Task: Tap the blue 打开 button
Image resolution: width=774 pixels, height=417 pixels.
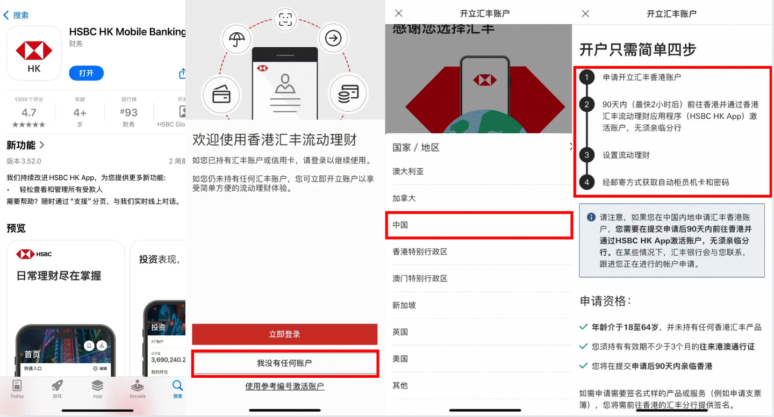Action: pyautogui.click(x=86, y=73)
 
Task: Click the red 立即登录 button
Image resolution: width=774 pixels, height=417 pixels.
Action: pyautogui.click(x=284, y=334)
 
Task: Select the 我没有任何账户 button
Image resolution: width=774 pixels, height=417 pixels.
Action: pyautogui.click(x=284, y=363)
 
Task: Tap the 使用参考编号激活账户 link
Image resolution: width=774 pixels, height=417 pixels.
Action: pyautogui.click(x=284, y=386)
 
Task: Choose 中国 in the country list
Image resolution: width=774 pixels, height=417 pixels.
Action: pyautogui.click(x=478, y=225)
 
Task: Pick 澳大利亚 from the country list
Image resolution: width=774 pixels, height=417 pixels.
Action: pyautogui.click(x=408, y=171)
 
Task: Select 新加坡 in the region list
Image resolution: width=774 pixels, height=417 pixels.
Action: pyautogui.click(x=404, y=305)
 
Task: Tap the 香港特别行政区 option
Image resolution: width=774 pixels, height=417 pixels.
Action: pyautogui.click(x=420, y=251)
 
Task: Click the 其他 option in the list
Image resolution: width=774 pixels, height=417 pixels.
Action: pyautogui.click(x=400, y=385)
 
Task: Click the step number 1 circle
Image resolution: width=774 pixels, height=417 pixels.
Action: pyautogui.click(x=586, y=77)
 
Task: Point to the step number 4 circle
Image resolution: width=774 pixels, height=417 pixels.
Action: pyautogui.click(x=586, y=182)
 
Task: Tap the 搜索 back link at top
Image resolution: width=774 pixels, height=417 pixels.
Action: pyautogui.click(x=16, y=15)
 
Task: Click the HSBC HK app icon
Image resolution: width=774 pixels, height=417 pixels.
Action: pyautogui.click(x=34, y=53)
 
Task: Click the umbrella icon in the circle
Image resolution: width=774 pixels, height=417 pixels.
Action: pyautogui.click(x=236, y=39)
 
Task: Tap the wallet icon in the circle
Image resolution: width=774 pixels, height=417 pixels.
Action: pyautogui.click(x=221, y=95)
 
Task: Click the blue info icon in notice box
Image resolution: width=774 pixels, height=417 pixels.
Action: pyautogui.click(x=591, y=217)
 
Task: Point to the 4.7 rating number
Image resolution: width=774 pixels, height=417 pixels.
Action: pyautogui.click(x=29, y=112)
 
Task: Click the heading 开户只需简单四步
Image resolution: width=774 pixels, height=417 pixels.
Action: pyautogui.click(x=637, y=50)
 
